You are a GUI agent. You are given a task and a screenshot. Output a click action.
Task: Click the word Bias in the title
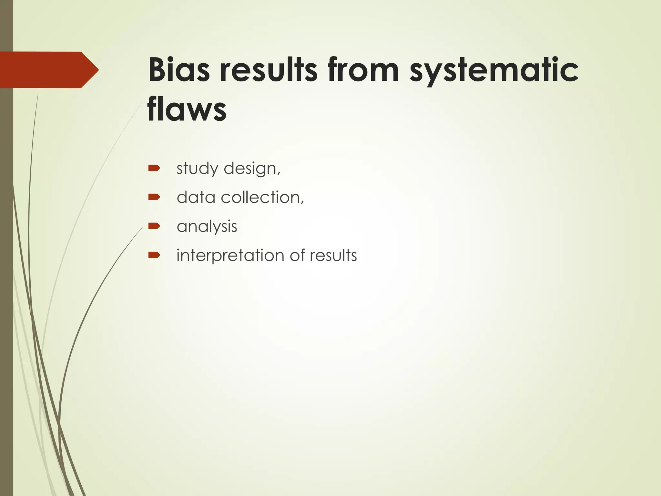179,70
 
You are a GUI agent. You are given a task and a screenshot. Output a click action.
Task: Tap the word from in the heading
363,70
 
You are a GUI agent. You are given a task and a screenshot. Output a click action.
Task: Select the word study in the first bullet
197,169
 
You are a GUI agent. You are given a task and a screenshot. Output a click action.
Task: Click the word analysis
207,227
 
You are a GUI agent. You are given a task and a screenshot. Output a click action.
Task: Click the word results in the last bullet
333,255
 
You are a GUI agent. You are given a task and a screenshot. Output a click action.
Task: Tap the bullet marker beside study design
154,168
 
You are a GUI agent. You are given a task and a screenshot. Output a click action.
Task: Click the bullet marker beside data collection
154,197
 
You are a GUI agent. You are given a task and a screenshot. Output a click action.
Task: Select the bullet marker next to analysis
154,226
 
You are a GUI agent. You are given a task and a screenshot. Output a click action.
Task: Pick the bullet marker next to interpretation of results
154,255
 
